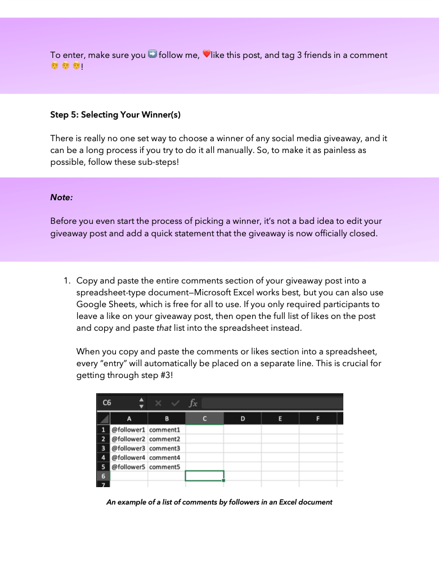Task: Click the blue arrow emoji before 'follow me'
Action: coord(152,55)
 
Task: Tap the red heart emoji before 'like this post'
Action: coord(206,55)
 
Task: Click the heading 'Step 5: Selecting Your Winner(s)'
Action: coord(115,115)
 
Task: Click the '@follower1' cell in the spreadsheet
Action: coord(128,430)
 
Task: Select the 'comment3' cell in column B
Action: coord(165,448)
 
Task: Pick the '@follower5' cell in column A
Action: coord(128,467)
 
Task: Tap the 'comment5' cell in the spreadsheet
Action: coord(165,467)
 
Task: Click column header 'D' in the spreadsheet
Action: coord(243,418)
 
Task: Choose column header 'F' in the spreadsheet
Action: coord(318,418)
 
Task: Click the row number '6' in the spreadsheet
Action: coord(103,476)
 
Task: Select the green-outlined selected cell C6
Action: coord(204,476)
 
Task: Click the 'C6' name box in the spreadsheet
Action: coord(107,403)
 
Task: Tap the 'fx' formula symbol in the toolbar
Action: coord(193,403)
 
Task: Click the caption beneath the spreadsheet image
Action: coord(219,502)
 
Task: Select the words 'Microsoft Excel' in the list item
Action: coord(225,292)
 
